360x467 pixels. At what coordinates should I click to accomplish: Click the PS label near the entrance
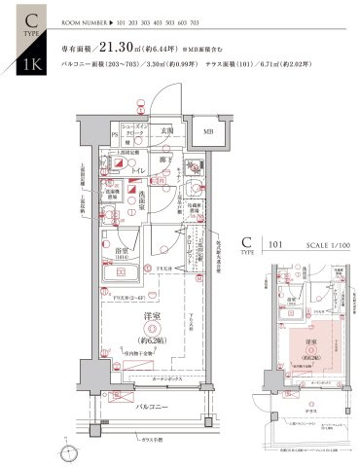point(114,132)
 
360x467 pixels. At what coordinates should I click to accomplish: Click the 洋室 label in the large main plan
point(152,316)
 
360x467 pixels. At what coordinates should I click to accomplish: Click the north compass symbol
point(70,450)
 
